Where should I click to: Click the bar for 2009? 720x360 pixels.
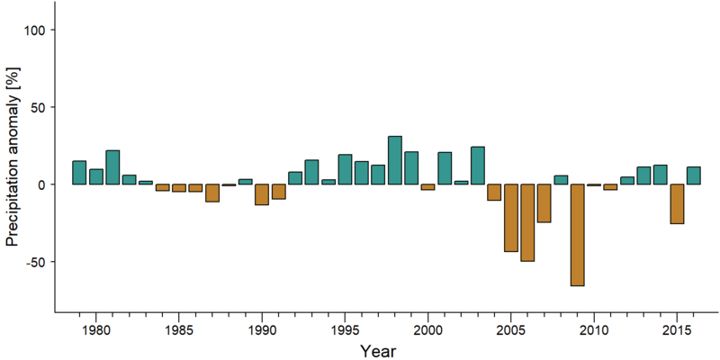tap(577, 235)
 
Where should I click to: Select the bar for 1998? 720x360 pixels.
tap(395, 160)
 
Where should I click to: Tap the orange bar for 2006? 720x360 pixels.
tap(527, 222)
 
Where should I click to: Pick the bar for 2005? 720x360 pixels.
tap(511, 218)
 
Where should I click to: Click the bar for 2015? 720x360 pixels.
tap(677, 204)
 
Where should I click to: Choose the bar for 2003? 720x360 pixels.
tap(478, 166)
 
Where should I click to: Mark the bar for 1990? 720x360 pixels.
tap(262, 194)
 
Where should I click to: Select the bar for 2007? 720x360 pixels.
tap(544, 203)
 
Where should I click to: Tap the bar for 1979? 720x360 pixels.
tap(79, 173)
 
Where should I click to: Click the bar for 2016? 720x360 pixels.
tap(693, 175)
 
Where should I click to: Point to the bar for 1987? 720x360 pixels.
tap(212, 193)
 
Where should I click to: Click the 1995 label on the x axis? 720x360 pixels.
tap(345, 329)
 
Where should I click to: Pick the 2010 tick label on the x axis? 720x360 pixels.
tap(594, 329)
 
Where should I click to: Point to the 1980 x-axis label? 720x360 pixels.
tap(96, 329)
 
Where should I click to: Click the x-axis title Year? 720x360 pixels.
tap(377, 351)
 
